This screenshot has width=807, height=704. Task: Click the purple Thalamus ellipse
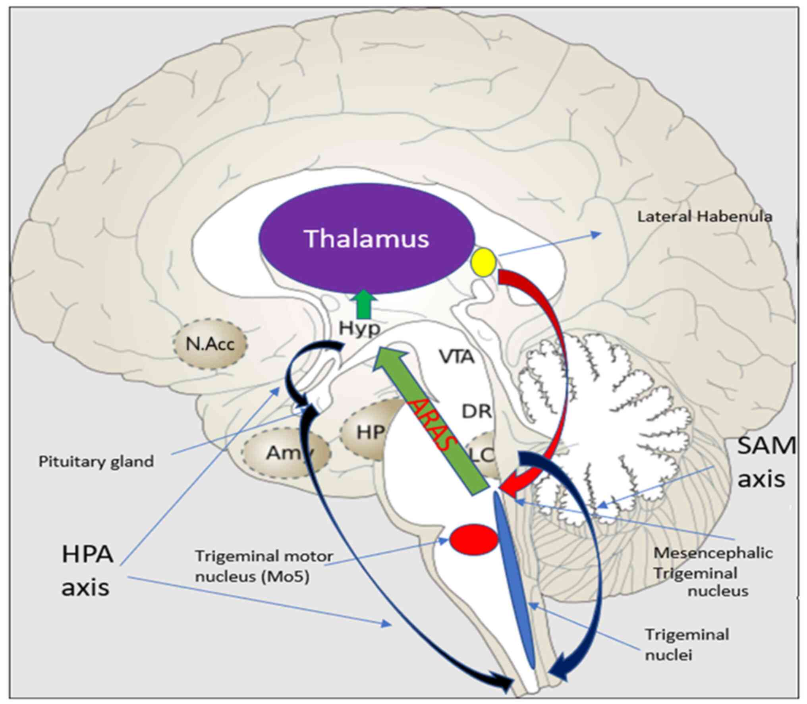click(x=367, y=239)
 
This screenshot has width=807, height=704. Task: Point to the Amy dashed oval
click(x=287, y=453)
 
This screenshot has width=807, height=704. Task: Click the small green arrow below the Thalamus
click(x=363, y=304)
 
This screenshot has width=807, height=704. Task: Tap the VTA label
click(x=457, y=357)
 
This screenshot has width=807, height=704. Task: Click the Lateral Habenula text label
click(x=705, y=217)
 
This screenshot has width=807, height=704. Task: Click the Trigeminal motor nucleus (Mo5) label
click(x=264, y=567)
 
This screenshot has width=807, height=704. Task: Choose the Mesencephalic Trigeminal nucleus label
click(x=713, y=572)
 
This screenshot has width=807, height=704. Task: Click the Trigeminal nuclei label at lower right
click(x=687, y=644)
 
